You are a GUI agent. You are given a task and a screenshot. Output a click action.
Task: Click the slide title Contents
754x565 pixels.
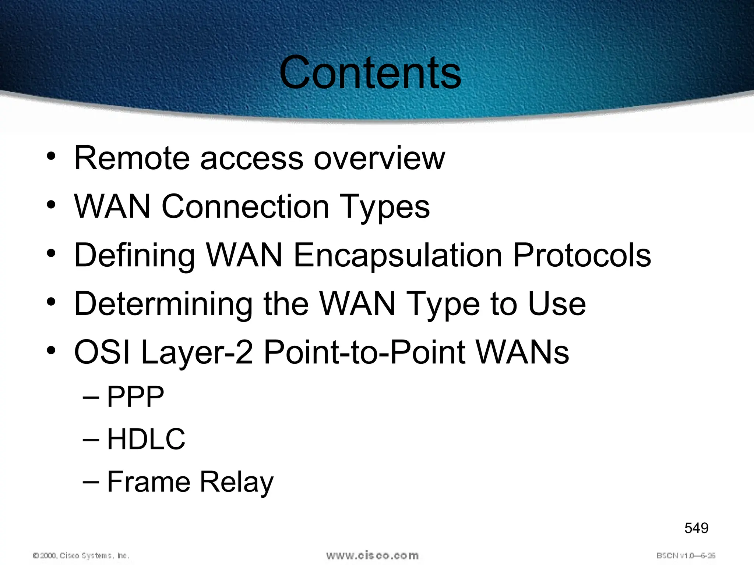pos(370,72)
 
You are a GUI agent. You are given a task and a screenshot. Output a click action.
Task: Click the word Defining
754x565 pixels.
pos(134,256)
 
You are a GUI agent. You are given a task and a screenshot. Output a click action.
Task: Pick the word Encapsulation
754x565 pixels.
pos(398,256)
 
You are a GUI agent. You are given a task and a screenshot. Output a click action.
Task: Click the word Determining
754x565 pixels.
pos(163,305)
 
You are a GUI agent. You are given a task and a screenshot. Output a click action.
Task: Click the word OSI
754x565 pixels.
pos(102,352)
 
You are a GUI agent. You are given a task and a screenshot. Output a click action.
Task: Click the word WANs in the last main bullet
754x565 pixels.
pos(522,352)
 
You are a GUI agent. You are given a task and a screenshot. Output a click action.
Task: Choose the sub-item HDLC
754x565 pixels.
pos(146,439)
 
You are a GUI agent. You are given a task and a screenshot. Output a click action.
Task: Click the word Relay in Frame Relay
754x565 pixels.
pos(237,482)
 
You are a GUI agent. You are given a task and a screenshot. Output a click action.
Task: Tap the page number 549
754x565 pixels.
pos(696,528)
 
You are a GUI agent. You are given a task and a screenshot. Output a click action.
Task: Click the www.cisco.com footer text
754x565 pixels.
pos(372,555)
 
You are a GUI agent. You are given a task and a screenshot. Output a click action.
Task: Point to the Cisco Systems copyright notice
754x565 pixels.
pos(81,555)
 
